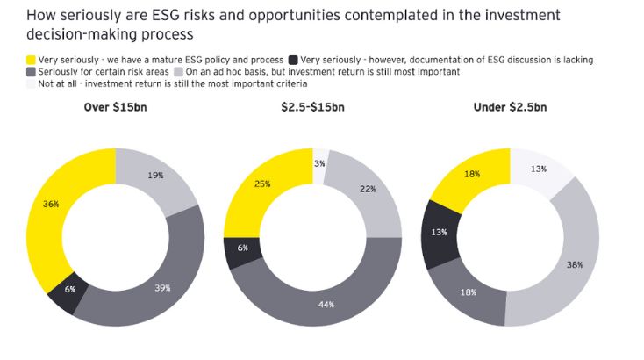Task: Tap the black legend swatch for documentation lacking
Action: (x=295, y=60)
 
